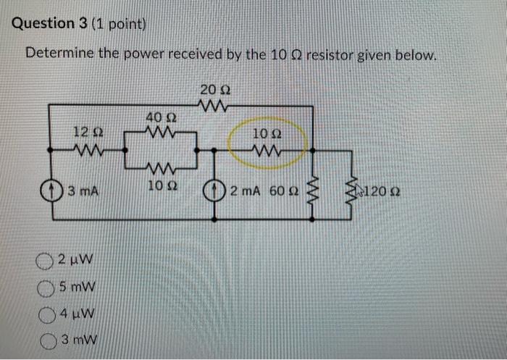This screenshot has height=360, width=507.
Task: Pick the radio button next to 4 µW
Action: click(x=46, y=314)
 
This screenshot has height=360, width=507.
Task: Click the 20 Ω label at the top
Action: click(x=215, y=91)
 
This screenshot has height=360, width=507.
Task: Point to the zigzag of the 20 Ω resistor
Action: click(x=217, y=106)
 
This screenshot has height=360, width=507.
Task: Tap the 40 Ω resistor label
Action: click(x=159, y=117)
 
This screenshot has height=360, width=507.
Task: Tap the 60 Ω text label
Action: click(x=280, y=192)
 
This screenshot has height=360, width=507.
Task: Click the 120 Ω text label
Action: click(x=383, y=193)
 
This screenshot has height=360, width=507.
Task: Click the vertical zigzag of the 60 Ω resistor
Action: click(x=314, y=191)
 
